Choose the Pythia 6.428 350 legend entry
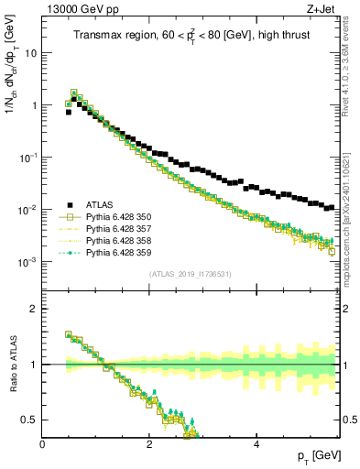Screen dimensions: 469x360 click(x=120, y=216)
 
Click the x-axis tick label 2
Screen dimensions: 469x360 click(x=149, y=444)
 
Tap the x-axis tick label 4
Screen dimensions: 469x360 click(x=256, y=444)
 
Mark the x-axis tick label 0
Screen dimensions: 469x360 click(x=42, y=444)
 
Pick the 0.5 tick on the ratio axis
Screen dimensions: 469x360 click(x=30, y=420)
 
